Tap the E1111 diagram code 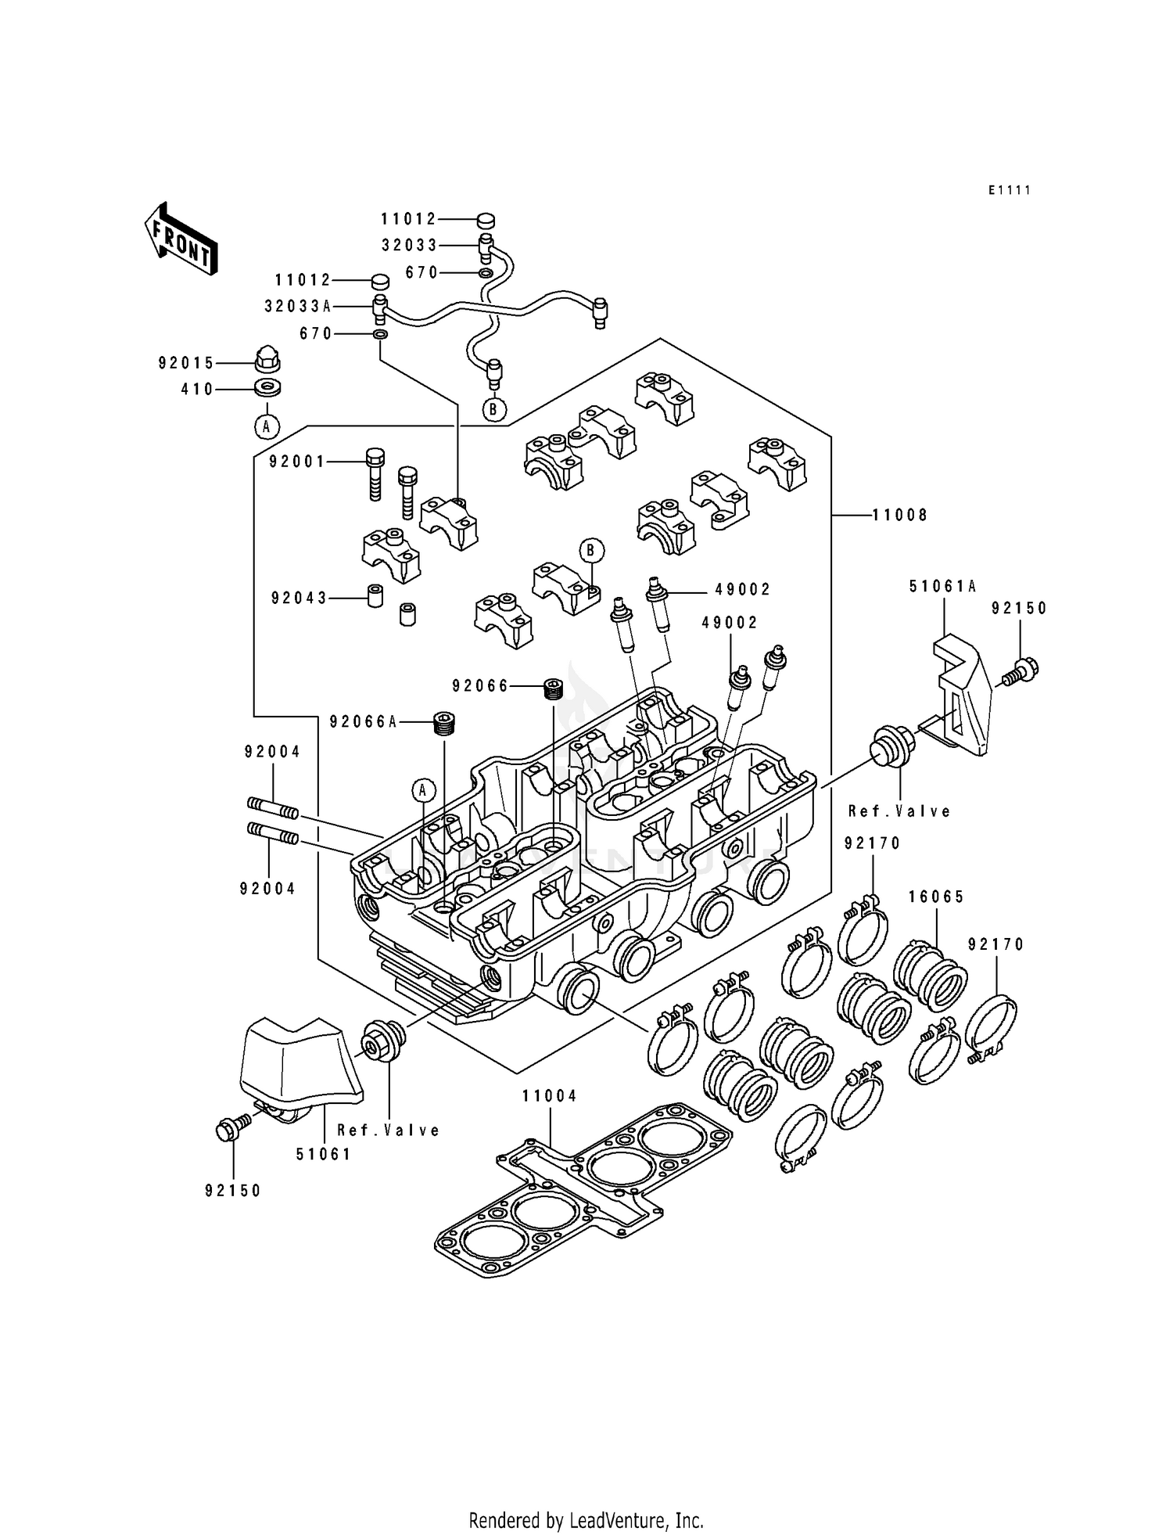[1009, 190]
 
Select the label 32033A [297, 307]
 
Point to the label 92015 [185, 363]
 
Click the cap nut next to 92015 [268, 361]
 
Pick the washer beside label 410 [268, 387]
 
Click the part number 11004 [550, 1096]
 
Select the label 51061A [942, 586]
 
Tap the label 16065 [936, 897]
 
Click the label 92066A [363, 721]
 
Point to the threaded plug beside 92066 [554, 688]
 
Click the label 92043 [299, 598]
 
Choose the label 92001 [297, 462]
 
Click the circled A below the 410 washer [267, 426]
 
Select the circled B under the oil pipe [494, 409]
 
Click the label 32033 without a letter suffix [409, 245]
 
